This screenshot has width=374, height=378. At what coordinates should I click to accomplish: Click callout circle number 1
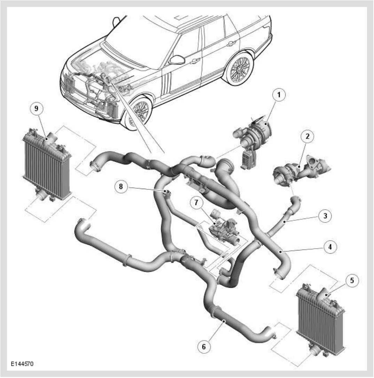(279, 94)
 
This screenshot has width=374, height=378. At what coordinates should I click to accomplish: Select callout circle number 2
(307, 137)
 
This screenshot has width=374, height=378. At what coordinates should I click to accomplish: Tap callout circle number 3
(325, 216)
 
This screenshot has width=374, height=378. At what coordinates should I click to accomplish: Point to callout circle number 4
(330, 247)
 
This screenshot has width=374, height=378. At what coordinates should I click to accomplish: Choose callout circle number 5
(352, 280)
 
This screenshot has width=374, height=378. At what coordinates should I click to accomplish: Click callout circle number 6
(204, 346)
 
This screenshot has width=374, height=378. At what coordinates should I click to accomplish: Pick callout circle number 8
(121, 186)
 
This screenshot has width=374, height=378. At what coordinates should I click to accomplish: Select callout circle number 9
(37, 108)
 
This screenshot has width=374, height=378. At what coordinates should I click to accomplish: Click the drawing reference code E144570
(22, 364)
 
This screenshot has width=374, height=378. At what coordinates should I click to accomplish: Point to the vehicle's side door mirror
(177, 60)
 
